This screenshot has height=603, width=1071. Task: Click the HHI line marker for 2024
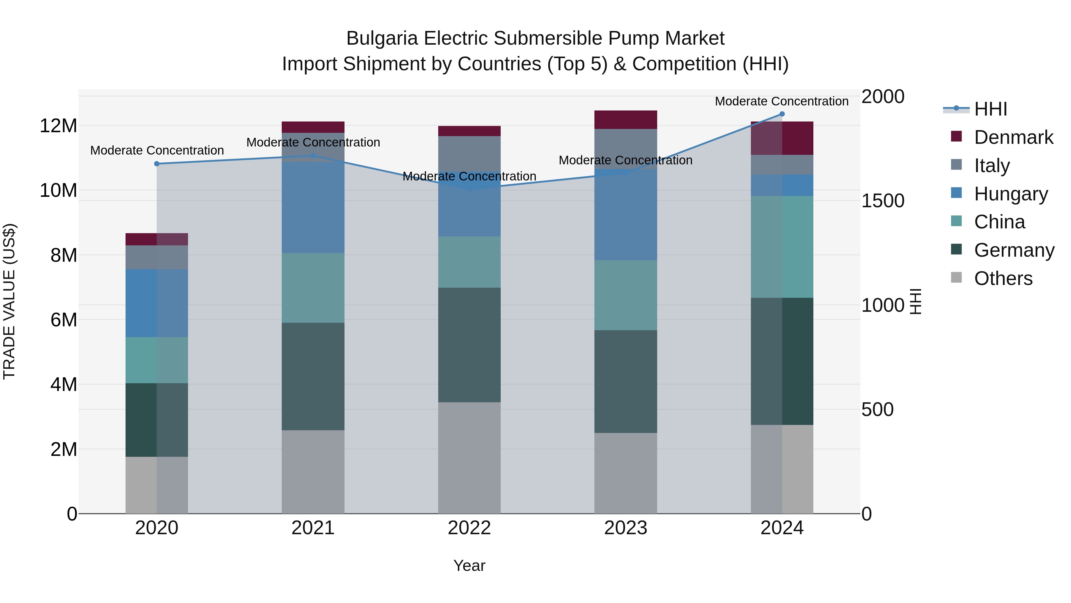pos(782,114)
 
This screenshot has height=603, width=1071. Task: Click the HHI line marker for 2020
pos(157,164)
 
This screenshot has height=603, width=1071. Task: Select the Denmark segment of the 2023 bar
pos(625,120)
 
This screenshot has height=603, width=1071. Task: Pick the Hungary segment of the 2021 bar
pos(313,207)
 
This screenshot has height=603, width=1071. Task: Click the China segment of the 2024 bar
pos(782,247)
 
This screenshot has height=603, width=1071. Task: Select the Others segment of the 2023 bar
pos(625,473)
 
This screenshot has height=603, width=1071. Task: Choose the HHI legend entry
pos(990,109)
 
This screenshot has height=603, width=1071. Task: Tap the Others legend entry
pos(1003,278)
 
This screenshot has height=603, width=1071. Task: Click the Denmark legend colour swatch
pos(956,136)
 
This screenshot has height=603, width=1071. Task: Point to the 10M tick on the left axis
pos(58,191)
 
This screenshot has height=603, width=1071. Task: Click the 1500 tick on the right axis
pos(882,201)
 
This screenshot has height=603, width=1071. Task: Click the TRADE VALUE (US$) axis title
pos(9,301)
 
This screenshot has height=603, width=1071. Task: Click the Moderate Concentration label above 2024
pos(781,101)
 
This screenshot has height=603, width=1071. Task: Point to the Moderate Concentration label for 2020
pos(157,150)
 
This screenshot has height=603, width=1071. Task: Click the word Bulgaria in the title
pos(382,39)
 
